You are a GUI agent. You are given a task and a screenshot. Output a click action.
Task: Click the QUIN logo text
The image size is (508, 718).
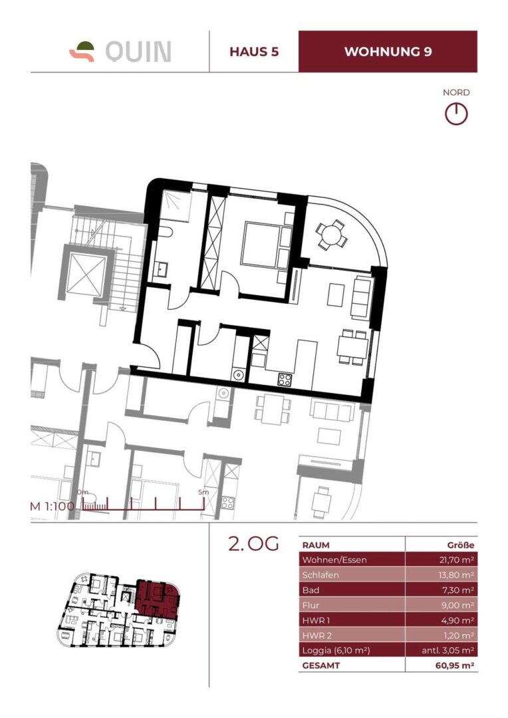click(138, 51)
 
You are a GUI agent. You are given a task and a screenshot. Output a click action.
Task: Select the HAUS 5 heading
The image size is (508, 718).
click(253, 52)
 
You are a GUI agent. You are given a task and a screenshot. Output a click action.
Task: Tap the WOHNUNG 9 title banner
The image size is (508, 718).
click(388, 52)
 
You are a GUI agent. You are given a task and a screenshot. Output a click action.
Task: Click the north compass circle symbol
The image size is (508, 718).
click(456, 114)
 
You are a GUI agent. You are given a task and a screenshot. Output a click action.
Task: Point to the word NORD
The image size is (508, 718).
click(456, 93)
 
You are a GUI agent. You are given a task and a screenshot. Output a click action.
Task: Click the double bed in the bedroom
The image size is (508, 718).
click(263, 243)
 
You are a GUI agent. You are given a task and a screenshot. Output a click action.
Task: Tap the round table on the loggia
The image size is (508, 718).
click(330, 234)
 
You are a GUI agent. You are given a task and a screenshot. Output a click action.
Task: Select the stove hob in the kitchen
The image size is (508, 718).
click(285, 380)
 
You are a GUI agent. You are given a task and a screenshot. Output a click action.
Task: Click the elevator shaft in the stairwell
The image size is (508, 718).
click(85, 273)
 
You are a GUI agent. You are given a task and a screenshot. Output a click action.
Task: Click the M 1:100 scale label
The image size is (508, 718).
click(53, 506)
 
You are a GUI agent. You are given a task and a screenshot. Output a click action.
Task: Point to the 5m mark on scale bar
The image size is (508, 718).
click(203, 493)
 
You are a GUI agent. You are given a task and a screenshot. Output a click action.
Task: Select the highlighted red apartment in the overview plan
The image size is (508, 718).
click(156, 598)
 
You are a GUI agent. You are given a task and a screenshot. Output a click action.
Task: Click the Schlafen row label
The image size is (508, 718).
click(321, 575)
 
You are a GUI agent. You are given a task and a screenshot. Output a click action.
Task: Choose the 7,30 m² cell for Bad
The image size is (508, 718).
click(456, 590)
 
